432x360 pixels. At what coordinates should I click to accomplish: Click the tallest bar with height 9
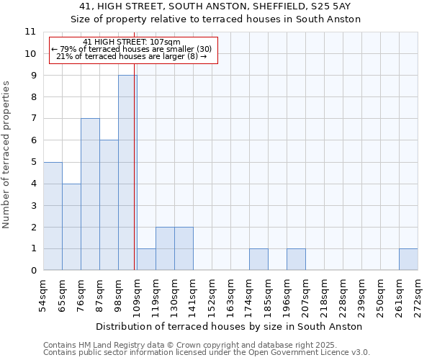click(x=127, y=173)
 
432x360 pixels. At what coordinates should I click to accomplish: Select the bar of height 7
click(x=90, y=194)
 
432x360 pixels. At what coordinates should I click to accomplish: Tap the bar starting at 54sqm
click(x=53, y=216)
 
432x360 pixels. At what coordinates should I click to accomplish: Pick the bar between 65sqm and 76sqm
click(x=71, y=227)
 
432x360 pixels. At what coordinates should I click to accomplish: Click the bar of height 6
click(x=109, y=205)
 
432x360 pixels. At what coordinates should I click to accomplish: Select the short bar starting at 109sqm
click(x=146, y=260)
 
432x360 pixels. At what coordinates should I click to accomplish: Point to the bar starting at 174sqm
click(x=258, y=260)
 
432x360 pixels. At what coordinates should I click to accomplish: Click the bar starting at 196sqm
click(x=296, y=260)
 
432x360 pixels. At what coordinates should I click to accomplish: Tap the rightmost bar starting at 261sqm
click(x=408, y=260)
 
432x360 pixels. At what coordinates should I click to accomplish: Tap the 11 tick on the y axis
click(x=30, y=32)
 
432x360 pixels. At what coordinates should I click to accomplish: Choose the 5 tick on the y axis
click(x=32, y=162)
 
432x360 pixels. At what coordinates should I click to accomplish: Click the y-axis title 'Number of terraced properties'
click(x=7, y=155)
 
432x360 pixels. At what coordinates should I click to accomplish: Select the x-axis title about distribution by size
click(x=228, y=326)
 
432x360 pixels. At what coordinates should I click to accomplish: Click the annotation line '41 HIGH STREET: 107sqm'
click(x=132, y=42)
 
